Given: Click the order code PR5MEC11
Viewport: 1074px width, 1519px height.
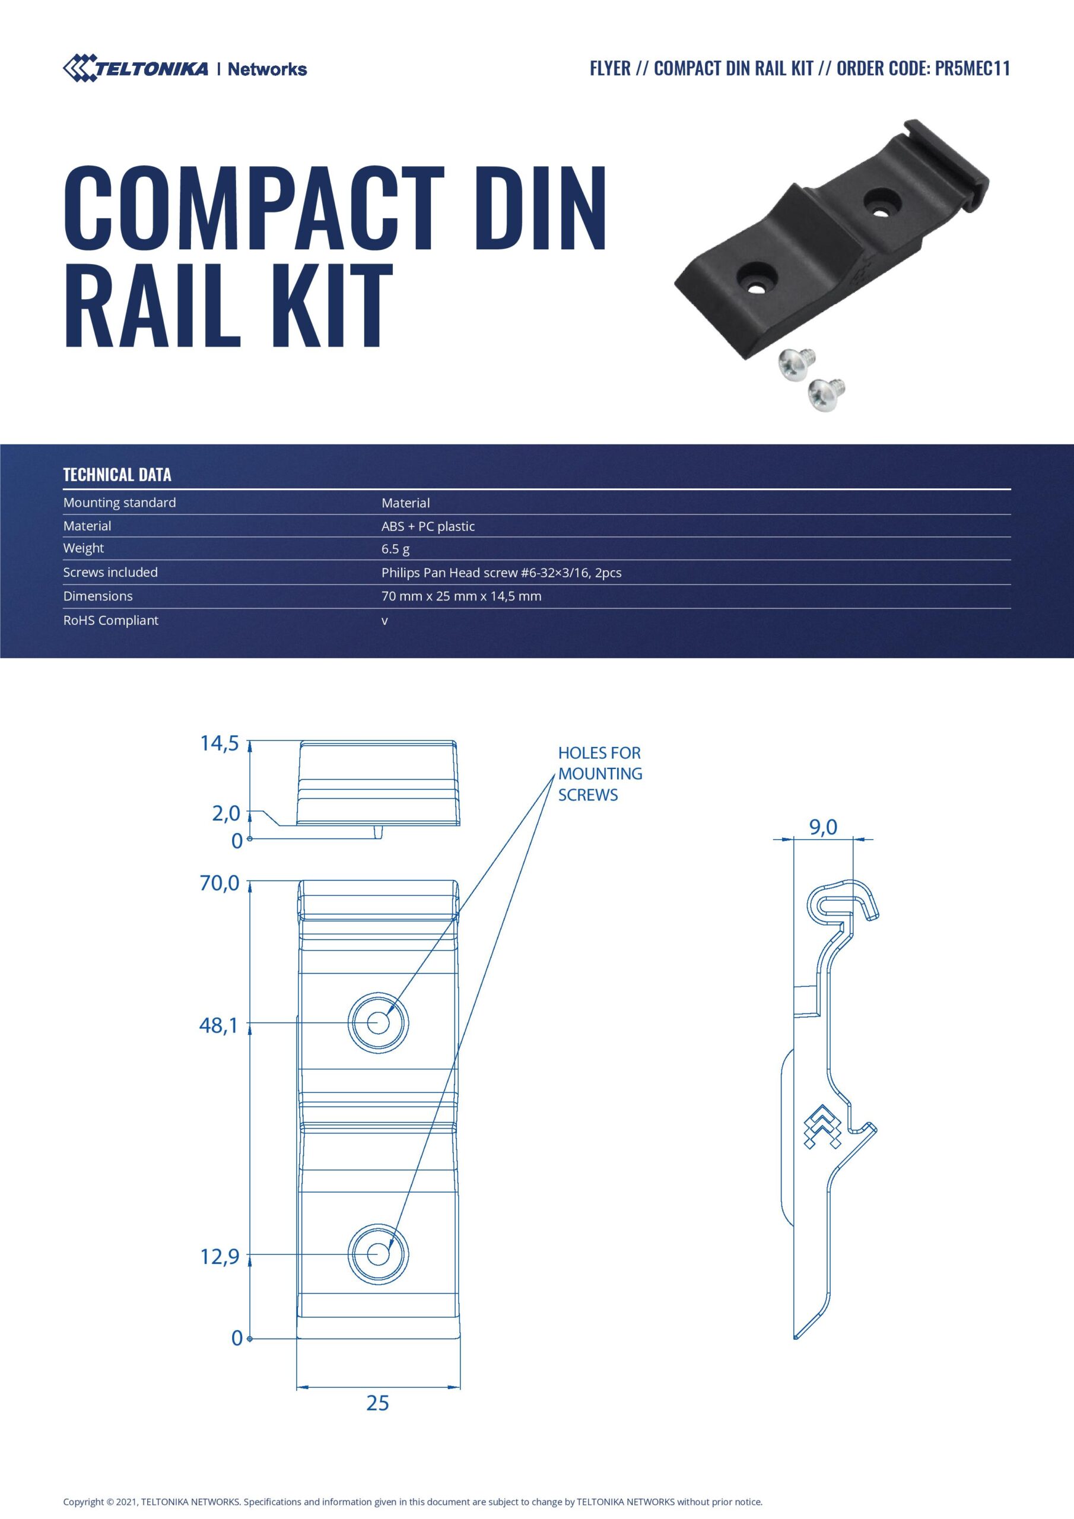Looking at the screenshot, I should pyautogui.click(x=972, y=69).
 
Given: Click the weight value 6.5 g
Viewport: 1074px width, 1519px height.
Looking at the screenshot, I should pyautogui.click(x=395, y=548).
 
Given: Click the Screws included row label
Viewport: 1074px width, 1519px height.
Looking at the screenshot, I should pyautogui.click(x=110, y=572).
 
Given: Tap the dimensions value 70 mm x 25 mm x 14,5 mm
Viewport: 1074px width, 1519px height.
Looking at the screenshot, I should pyautogui.click(x=461, y=596).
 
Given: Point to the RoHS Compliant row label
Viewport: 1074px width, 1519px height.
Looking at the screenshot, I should pyautogui.click(x=110, y=621).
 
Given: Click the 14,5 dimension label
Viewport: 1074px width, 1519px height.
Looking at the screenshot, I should pyautogui.click(x=219, y=743).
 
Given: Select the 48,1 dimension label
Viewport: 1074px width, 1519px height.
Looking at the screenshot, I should pyautogui.click(x=218, y=1026).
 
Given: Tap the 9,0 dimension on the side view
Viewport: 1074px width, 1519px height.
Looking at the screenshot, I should pyautogui.click(x=823, y=827).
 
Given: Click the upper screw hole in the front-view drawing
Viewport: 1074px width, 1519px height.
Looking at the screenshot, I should pyautogui.click(x=378, y=1024).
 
